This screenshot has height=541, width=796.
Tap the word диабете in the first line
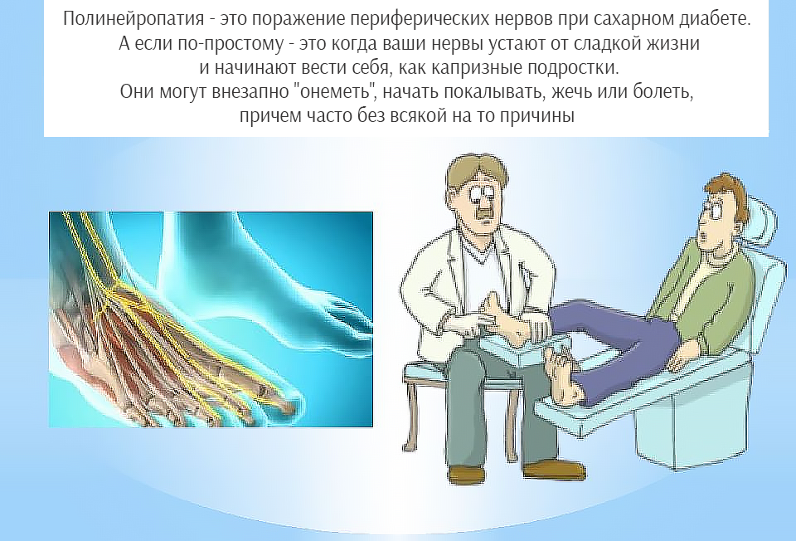click(x=714, y=19)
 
